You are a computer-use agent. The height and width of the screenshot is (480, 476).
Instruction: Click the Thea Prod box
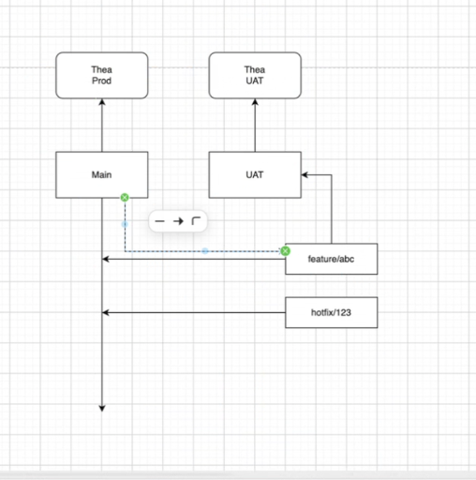click(x=102, y=75)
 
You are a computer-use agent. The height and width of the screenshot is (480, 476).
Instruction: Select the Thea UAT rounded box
click(x=255, y=75)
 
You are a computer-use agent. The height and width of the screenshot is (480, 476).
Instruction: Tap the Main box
click(x=102, y=174)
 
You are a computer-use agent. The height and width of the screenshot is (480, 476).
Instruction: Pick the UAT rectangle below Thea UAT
click(x=255, y=174)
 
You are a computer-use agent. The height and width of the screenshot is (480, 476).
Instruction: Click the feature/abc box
click(x=332, y=259)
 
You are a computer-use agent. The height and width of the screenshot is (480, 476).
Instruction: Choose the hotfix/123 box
click(x=332, y=312)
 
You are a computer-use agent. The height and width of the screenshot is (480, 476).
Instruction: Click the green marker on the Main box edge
click(x=125, y=198)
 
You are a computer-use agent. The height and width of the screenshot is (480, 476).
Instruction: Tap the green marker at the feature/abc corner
click(x=285, y=251)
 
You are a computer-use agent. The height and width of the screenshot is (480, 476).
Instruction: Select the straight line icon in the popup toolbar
click(x=159, y=221)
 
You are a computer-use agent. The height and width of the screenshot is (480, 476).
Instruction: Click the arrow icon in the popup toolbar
click(x=178, y=221)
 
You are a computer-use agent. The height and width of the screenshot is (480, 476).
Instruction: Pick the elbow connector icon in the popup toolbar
click(x=196, y=221)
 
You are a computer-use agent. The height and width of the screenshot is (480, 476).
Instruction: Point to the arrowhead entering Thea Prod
click(x=102, y=102)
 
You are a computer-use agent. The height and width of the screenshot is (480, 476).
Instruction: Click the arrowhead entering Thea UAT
click(x=255, y=102)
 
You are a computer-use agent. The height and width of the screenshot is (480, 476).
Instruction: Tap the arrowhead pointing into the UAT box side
click(x=305, y=175)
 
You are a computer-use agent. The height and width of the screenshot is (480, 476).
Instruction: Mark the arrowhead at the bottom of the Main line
click(x=102, y=408)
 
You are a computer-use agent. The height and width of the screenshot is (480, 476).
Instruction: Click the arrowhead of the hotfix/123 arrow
click(x=105, y=312)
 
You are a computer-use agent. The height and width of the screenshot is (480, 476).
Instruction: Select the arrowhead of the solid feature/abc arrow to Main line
click(x=105, y=259)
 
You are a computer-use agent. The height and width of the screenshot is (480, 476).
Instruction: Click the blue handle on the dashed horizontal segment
click(x=205, y=251)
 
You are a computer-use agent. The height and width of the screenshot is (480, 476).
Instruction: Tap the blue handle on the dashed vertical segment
click(x=125, y=224)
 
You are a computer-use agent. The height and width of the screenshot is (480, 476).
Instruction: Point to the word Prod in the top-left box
click(x=101, y=81)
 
